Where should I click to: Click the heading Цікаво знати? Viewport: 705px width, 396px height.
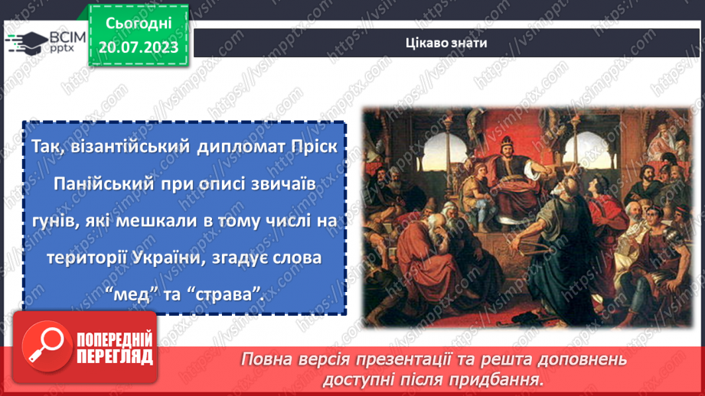446,42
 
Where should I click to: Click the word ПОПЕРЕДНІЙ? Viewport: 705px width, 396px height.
114,338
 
